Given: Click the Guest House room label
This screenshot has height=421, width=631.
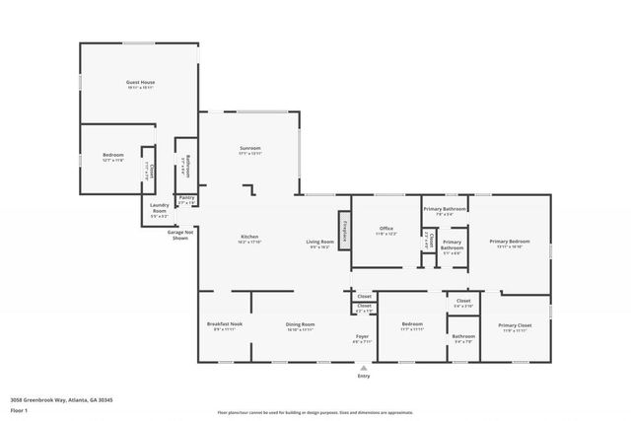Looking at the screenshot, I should click(141, 82).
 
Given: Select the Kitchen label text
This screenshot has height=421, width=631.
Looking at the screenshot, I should click(250, 238).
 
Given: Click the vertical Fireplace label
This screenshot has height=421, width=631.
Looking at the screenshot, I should click(345, 232).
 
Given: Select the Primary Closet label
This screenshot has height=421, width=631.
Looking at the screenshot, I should click(514, 325).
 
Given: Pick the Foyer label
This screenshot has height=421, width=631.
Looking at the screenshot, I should click(362, 337).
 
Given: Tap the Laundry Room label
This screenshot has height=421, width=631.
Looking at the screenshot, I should click(159, 207).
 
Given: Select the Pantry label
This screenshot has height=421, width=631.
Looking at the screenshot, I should click(186, 198).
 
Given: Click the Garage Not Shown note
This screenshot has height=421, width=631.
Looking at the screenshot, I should click(180, 235).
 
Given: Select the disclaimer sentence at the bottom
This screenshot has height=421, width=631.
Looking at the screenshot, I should click(315, 412).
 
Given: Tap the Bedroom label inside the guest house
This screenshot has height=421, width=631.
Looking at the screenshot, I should click(112, 155).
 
